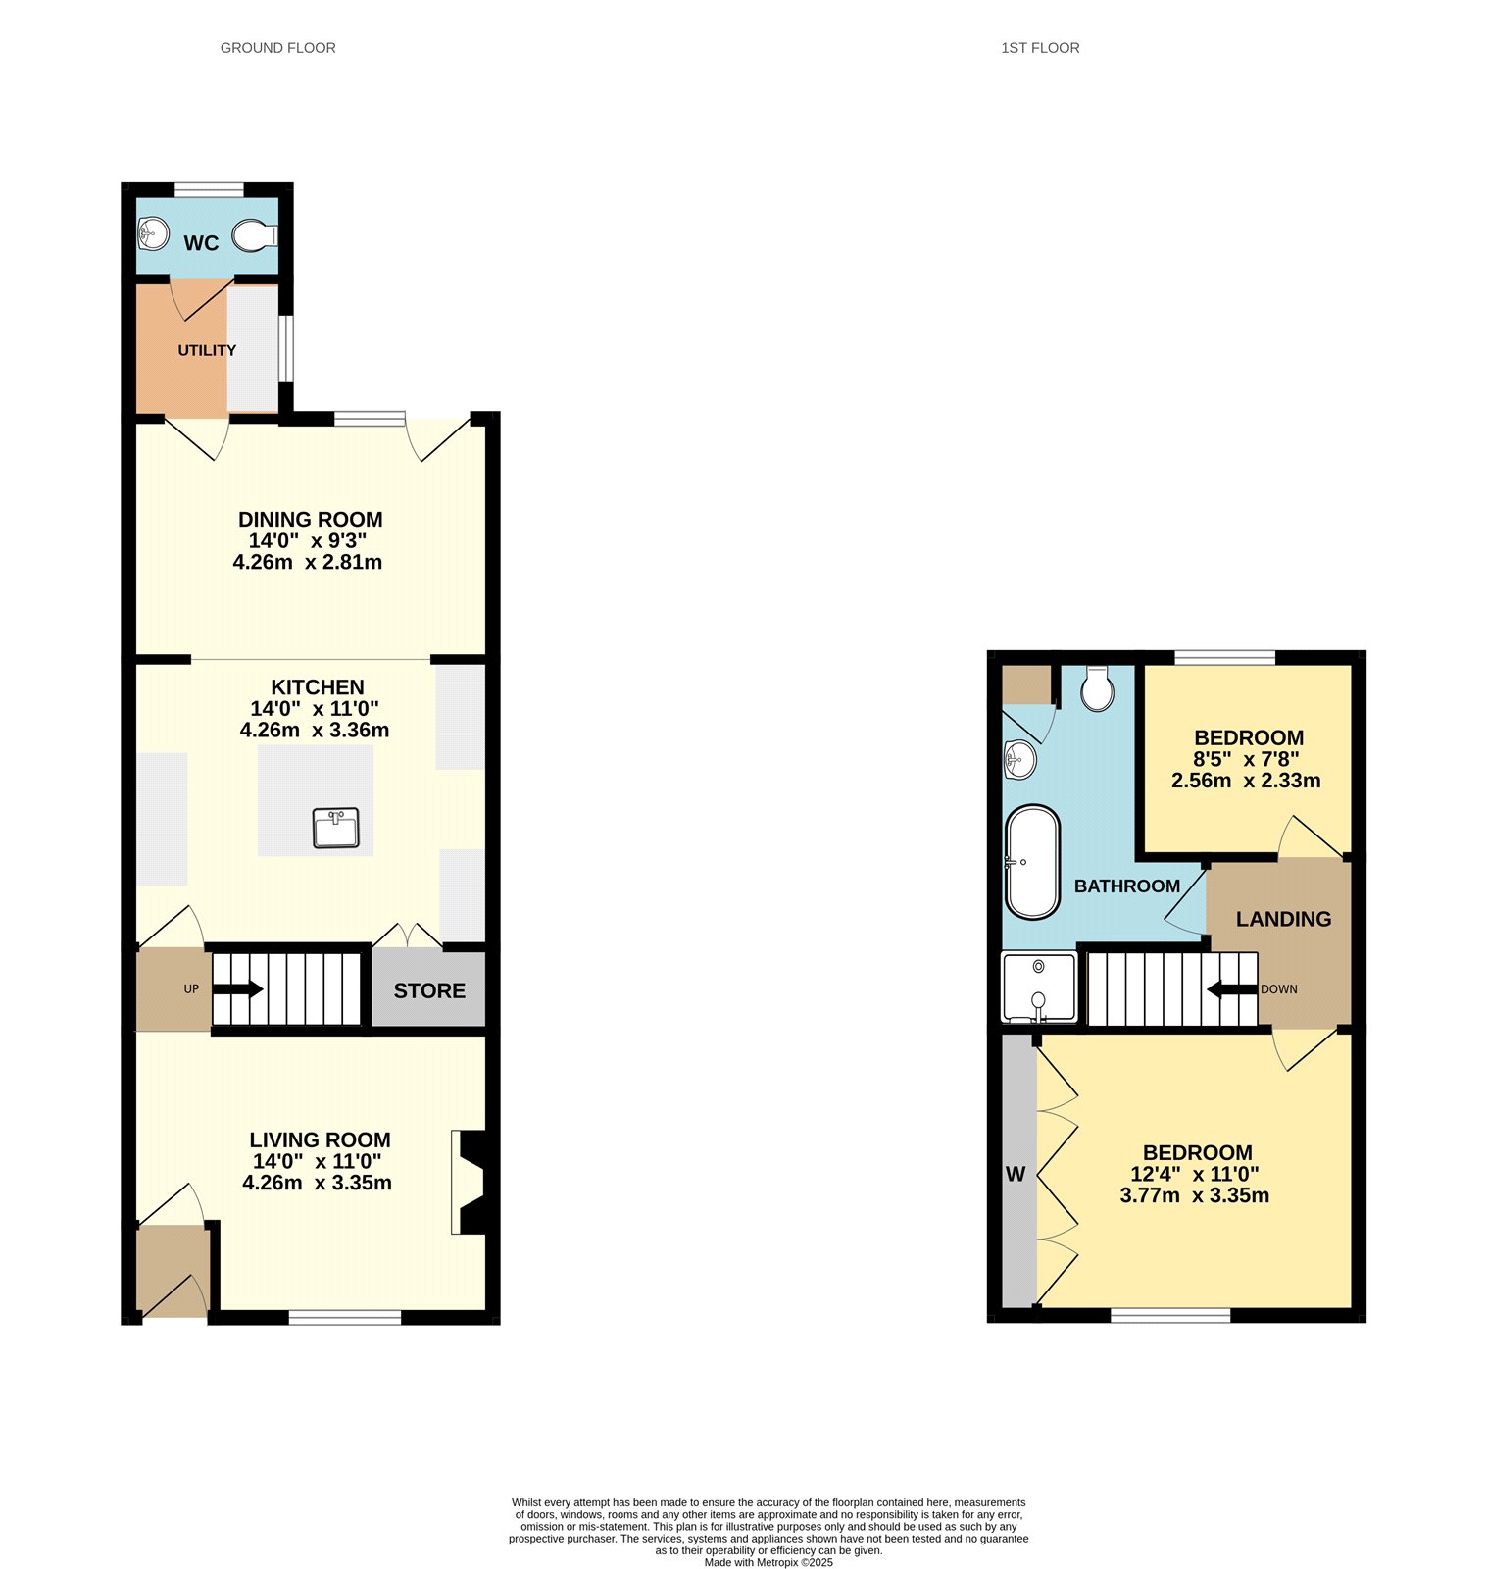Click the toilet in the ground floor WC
point(255,236)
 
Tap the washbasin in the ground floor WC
point(152,233)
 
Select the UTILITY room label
point(207,350)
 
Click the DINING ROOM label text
point(311,519)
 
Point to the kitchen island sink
point(336,828)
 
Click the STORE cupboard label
point(429,991)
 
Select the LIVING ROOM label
point(320,1139)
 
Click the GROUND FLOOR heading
point(278,48)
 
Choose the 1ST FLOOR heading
point(1040,48)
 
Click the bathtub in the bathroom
point(1032,863)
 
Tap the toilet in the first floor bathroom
point(1097,688)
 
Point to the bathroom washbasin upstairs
point(1019,759)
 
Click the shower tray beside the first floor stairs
point(1039,987)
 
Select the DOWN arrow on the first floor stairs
point(1232,989)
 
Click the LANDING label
point(1283,919)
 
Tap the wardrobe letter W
point(1016,1174)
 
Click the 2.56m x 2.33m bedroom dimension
point(1246,781)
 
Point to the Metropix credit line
point(768,1563)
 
